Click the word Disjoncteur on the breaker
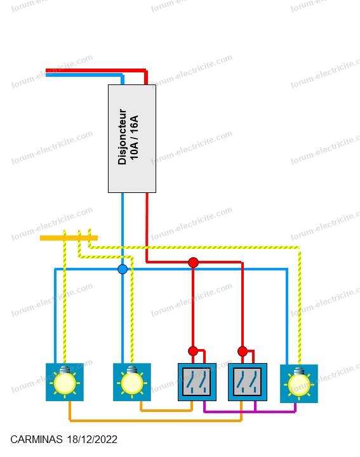coord(123,137)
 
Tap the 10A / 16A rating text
coord(134,138)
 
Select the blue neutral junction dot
coord(123,269)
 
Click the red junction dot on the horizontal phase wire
coord(193,262)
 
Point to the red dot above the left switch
coord(193,351)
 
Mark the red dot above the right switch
coord(243,351)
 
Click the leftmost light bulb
coord(65,382)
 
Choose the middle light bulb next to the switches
coord(132,382)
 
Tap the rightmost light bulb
coord(299,383)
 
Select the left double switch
coord(197,382)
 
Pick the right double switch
coord(248,382)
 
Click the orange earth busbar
coord(69,238)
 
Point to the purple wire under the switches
coord(250,411)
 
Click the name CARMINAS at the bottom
coord(36,439)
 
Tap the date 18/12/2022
coord(92,439)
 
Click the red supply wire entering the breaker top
coord(97,70)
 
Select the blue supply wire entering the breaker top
coord(84,75)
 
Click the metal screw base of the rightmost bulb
coord(299,371)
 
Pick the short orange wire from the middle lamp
coord(166,411)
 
